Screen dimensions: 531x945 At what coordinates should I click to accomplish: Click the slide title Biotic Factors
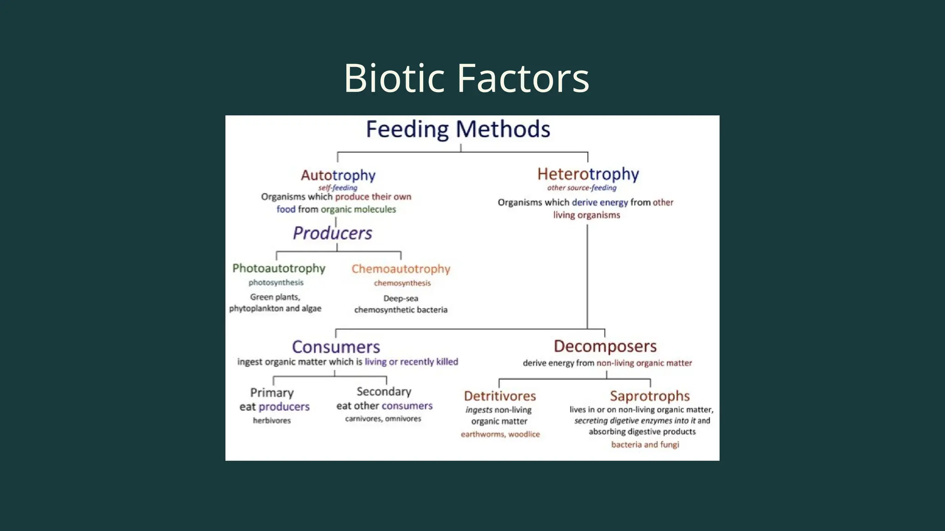pyautogui.click(x=467, y=78)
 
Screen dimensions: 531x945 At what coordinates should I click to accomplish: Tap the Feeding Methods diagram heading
pyautogui.click(x=458, y=129)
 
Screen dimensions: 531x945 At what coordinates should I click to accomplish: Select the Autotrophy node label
pyautogui.click(x=338, y=175)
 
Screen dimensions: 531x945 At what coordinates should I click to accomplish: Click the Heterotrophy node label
pyautogui.click(x=588, y=174)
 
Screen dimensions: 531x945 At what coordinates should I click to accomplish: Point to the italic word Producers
pyautogui.click(x=332, y=233)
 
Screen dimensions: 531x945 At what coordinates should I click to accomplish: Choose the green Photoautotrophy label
pyautogui.click(x=279, y=268)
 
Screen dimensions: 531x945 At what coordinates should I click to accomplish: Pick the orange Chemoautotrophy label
pyautogui.click(x=401, y=269)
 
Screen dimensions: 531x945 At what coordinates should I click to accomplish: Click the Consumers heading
pyautogui.click(x=336, y=347)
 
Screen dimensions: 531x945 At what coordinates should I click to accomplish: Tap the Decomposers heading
pyautogui.click(x=605, y=346)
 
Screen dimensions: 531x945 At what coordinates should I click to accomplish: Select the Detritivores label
pyautogui.click(x=500, y=396)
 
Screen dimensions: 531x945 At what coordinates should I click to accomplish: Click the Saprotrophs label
pyautogui.click(x=650, y=396)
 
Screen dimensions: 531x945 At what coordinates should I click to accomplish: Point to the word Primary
pyautogui.click(x=272, y=393)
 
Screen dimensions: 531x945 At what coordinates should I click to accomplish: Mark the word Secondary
pyautogui.click(x=384, y=392)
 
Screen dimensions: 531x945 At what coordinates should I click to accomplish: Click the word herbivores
pyautogui.click(x=272, y=420)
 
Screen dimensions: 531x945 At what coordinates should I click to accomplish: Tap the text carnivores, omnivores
pyautogui.click(x=383, y=419)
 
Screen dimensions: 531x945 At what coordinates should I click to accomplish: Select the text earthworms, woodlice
pyautogui.click(x=500, y=434)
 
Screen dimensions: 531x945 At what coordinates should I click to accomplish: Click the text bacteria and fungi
pyautogui.click(x=645, y=444)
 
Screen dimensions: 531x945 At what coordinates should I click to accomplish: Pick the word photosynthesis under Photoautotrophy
pyautogui.click(x=276, y=283)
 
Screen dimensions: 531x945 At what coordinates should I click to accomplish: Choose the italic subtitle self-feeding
pyautogui.click(x=338, y=188)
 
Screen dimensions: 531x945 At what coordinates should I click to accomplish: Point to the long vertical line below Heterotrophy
pyautogui.click(x=587, y=277)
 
